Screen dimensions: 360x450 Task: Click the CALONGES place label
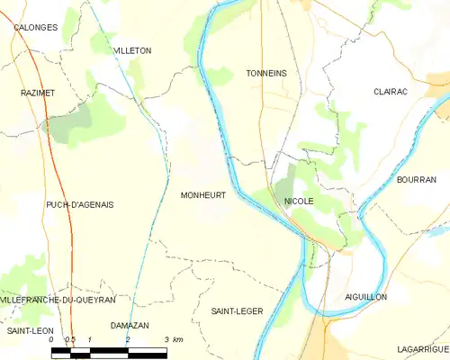(x=35, y=28)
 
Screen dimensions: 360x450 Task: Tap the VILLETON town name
(x=132, y=51)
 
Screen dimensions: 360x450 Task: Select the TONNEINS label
(x=265, y=74)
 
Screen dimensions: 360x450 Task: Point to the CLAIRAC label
(x=392, y=92)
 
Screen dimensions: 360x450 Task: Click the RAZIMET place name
(x=38, y=93)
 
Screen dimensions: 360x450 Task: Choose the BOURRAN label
(x=416, y=180)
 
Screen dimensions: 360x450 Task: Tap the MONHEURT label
(x=202, y=194)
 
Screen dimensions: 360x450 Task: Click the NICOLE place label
(x=298, y=202)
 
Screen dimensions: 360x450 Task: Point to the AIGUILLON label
(x=365, y=296)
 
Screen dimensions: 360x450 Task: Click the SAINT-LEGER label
(x=237, y=310)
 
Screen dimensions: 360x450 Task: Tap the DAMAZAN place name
(x=129, y=325)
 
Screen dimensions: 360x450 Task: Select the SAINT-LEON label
(x=30, y=331)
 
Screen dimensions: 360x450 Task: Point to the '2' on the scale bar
(x=128, y=339)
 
